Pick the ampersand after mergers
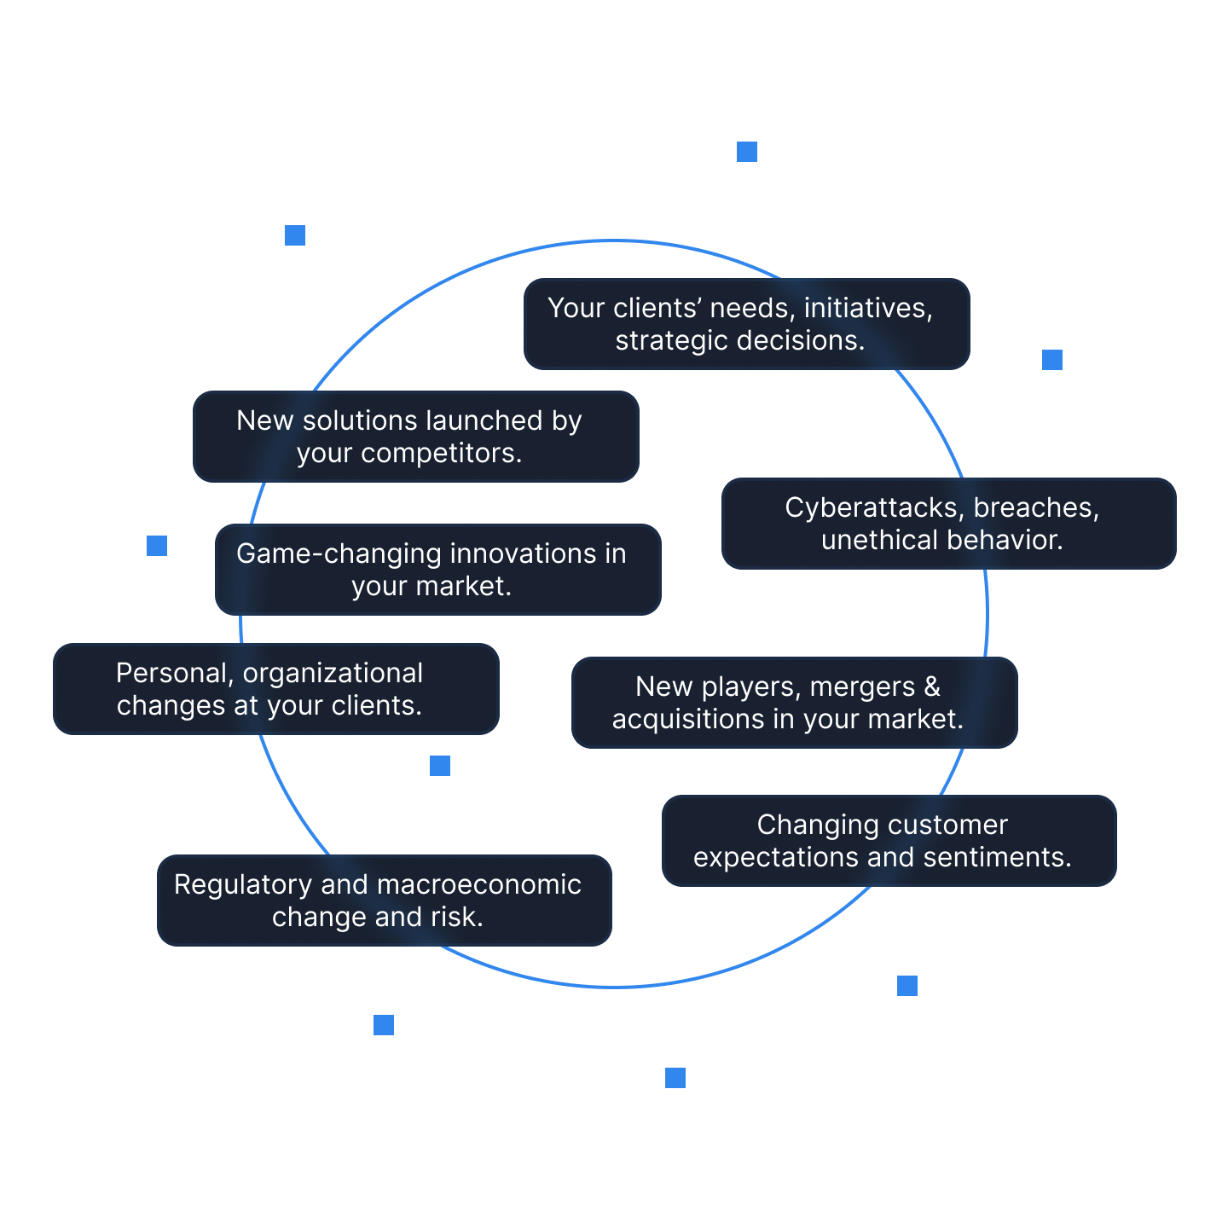click(932, 687)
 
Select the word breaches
click(1035, 508)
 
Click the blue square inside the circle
click(440, 766)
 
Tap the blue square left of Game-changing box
click(157, 546)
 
